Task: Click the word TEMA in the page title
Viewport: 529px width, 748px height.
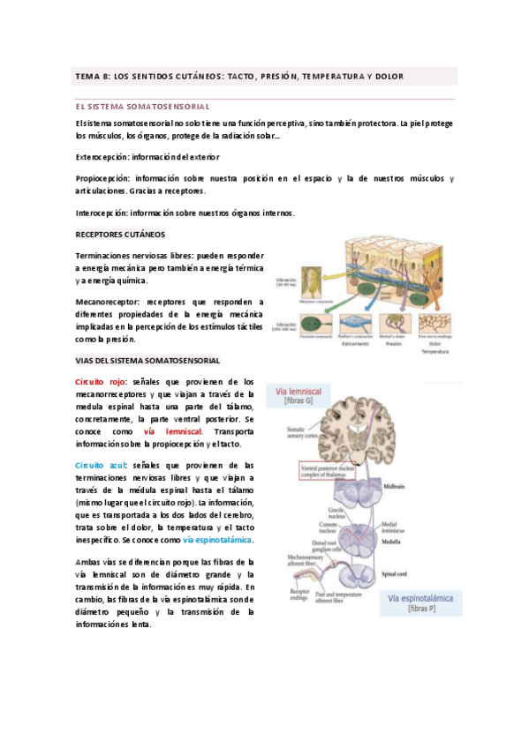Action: [88, 77]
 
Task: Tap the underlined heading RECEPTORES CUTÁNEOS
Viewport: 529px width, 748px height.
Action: [120, 235]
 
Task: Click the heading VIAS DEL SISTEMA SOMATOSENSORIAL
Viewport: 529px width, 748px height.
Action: [147, 361]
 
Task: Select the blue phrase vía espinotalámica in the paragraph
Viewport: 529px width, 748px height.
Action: [217, 539]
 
